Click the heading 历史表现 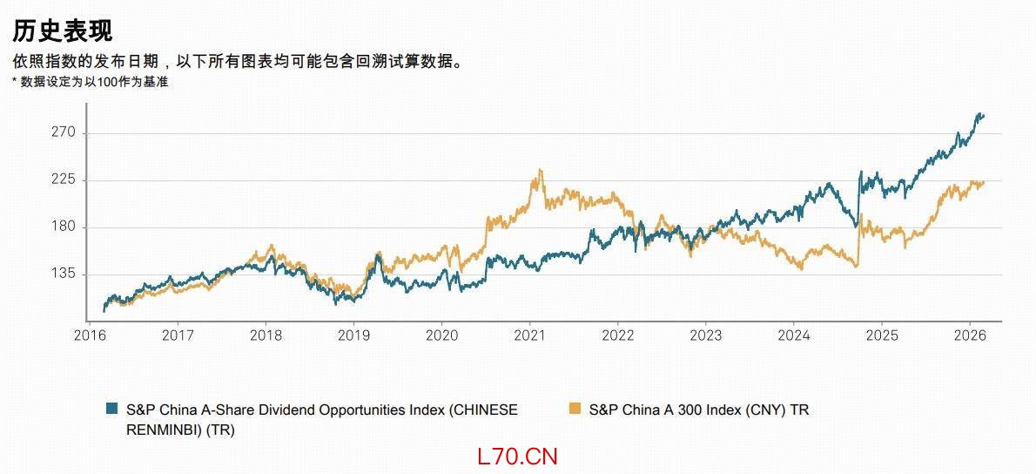point(62,30)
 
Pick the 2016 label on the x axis point(90,335)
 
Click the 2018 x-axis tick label point(266,335)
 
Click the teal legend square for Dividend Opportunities point(112,409)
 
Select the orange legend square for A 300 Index point(575,409)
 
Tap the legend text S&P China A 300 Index point(698,409)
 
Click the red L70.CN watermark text point(517,456)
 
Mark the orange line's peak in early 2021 point(542,170)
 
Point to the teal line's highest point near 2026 point(981,114)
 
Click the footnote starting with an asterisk point(90,82)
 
